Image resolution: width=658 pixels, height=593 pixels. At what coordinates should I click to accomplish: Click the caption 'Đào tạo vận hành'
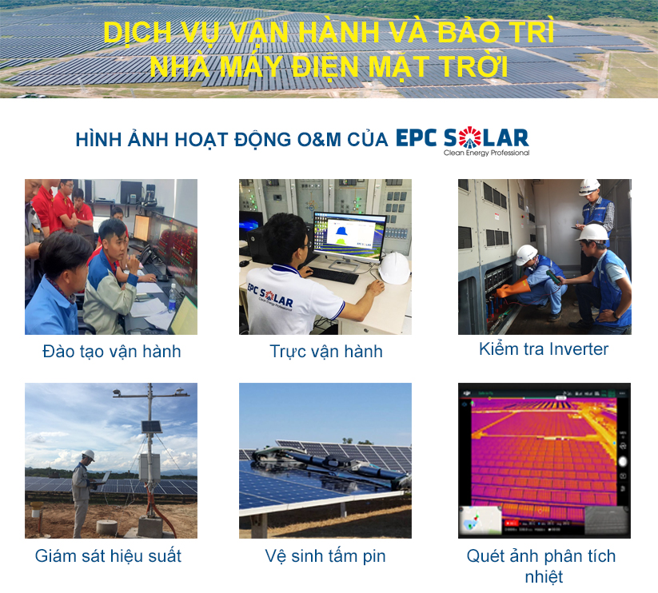(x=111, y=351)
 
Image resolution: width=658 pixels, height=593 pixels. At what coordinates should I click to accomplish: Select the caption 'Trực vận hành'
(x=325, y=351)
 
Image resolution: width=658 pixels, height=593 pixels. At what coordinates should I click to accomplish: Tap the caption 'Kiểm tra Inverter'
(x=544, y=349)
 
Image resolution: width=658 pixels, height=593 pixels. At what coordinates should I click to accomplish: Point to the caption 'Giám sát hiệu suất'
(x=108, y=555)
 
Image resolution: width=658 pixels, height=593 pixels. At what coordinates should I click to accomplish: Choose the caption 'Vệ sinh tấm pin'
(x=325, y=555)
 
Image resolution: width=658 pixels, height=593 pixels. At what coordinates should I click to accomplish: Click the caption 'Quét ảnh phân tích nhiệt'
(x=541, y=565)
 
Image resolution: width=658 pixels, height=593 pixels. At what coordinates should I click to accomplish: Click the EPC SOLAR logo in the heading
(x=462, y=137)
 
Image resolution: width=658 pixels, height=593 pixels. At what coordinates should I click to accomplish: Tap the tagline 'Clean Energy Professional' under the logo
(x=486, y=153)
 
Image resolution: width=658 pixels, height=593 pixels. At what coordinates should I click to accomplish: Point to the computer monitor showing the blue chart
(x=349, y=236)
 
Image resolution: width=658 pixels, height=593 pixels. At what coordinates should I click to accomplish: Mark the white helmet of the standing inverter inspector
(x=589, y=186)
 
